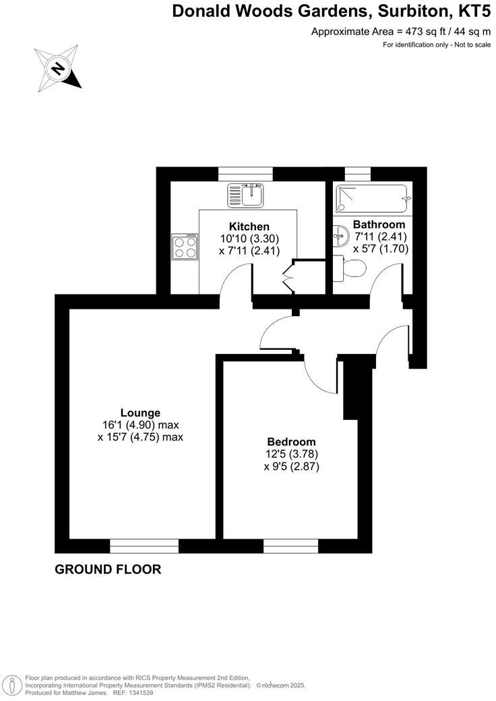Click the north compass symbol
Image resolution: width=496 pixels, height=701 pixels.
click(x=59, y=67)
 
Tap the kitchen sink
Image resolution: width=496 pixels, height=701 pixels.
click(x=249, y=195)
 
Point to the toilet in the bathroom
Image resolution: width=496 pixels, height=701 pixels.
click(x=353, y=269)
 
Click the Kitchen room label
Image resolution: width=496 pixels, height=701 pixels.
click(x=249, y=226)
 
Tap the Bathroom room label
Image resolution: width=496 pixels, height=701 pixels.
click(x=379, y=224)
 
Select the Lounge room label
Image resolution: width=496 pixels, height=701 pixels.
click(x=140, y=413)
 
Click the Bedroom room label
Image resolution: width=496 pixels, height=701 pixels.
click(x=291, y=442)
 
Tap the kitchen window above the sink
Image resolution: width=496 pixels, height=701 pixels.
click(x=245, y=174)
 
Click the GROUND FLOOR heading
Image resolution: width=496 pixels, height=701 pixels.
click(x=108, y=570)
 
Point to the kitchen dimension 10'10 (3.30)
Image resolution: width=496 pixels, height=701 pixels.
click(x=249, y=239)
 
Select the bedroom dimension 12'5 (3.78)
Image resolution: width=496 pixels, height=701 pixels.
click(x=291, y=454)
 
